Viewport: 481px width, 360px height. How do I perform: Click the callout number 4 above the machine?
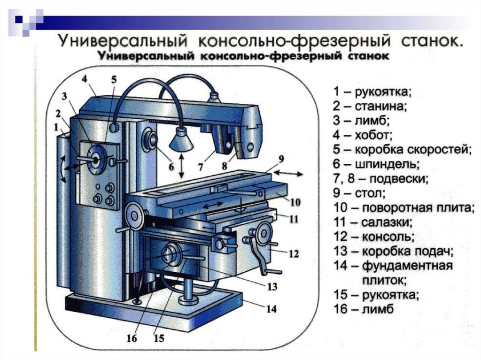tap(84, 78)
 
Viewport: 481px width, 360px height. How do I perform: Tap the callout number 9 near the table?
tap(281, 159)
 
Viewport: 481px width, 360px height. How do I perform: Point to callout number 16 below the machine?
tap(132, 338)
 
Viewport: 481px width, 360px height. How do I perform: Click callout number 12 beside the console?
tap(294, 254)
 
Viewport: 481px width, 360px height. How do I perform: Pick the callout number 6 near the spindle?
tap(171, 166)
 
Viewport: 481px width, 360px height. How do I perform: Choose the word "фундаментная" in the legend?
tap(407, 266)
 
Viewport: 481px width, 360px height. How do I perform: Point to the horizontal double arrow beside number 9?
tap(291, 174)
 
